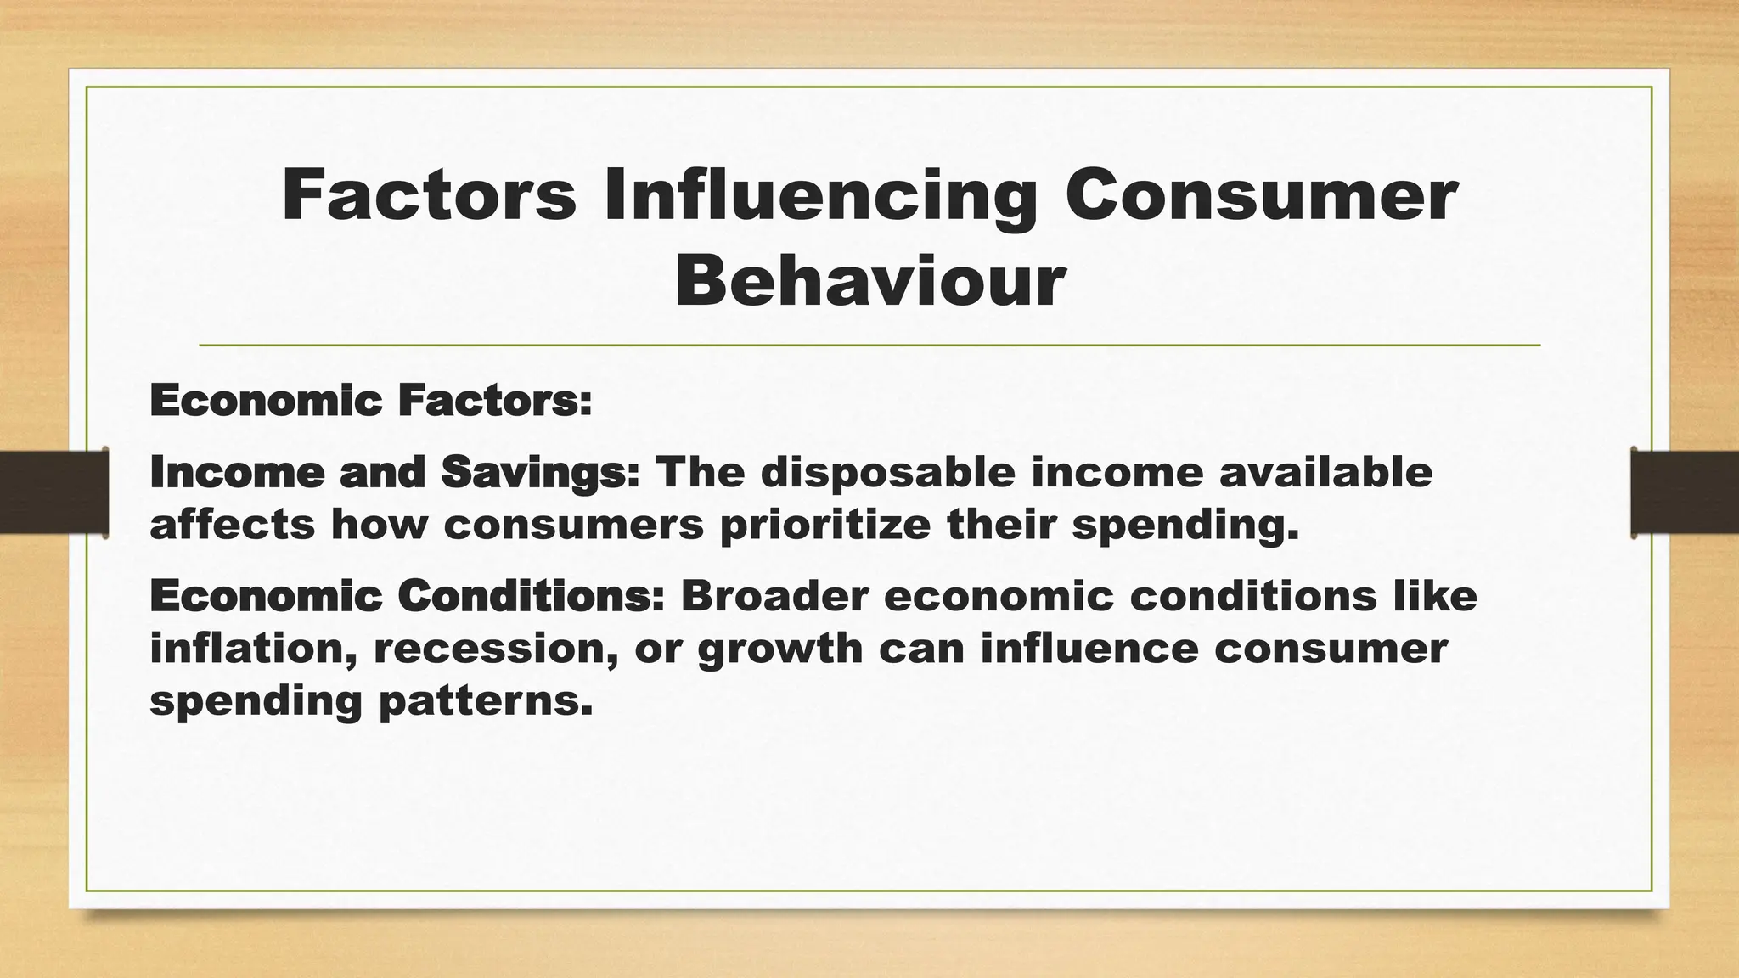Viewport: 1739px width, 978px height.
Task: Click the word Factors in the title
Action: coord(429,196)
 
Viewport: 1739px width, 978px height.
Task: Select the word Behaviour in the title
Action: coord(869,281)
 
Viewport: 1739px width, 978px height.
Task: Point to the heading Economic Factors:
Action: coord(370,401)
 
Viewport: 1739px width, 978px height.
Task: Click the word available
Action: coord(1325,472)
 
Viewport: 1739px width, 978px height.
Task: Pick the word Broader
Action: coord(774,596)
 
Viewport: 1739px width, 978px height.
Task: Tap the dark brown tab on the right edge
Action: coord(1685,492)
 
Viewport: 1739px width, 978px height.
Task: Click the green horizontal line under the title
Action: coord(869,346)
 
